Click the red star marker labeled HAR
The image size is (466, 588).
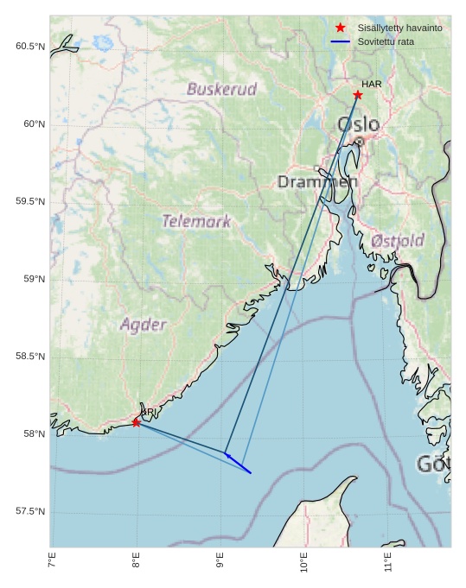coord(358,95)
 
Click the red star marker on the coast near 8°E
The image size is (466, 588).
coord(137,422)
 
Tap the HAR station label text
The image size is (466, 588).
coord(372,84)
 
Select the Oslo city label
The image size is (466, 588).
coord(358,124)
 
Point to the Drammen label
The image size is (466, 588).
coord(317,182)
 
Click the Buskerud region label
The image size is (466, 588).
coord(222,89)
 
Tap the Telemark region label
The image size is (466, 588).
coord(197,221)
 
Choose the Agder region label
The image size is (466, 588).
coord(144,325)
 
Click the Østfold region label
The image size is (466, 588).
coord(398,241)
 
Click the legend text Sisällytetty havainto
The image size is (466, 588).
coord(400,28)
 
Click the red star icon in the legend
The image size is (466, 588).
coord(340,28)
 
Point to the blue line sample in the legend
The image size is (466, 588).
coord(340,41)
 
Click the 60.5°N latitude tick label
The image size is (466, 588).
coord(30,46)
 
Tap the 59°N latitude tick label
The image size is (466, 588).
coord(34,279)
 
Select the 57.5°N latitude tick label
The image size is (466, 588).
coord(30,511)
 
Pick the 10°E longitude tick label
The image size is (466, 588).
coord(303,563)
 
